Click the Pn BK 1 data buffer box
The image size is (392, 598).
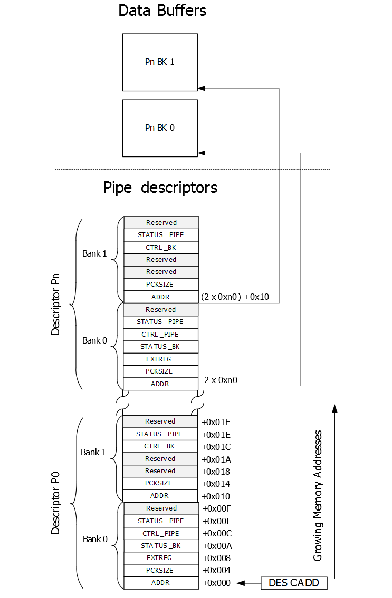coord(160,62)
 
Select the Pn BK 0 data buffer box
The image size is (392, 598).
coord(160,128)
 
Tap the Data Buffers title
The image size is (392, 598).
coord(162,11)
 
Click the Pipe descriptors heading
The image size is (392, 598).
coord(160,188)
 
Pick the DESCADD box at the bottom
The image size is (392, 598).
coord(294,583)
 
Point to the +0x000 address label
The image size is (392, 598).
coord(216,583)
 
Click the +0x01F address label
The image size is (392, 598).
coord(216,421)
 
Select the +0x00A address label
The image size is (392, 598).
coord(216,546)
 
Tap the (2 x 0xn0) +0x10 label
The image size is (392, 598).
coord(235,297)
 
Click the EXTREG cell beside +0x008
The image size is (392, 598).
coord(160,558)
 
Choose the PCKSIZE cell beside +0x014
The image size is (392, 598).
coord(160,483)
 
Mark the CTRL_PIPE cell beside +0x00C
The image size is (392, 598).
coord(160,533)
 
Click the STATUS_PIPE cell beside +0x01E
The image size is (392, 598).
coord(160,434)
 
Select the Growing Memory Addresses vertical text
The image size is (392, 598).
coord(317,495)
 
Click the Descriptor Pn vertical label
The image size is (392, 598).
coord(55,303)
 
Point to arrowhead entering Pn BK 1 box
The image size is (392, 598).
coord(202,88)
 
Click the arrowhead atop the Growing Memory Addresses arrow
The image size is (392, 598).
coord(334,408)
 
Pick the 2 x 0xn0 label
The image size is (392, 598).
coord(221,379)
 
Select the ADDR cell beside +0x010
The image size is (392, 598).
coord(160,496)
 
